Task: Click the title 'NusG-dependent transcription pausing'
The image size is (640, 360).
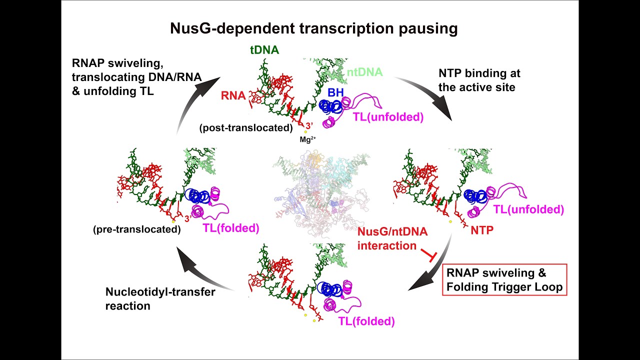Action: pyautogui.click(x=313, y=28)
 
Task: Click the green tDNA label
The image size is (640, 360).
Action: pyautogui.click(x=264, y=50)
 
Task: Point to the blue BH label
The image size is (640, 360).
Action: pyautogui.click(x=335, y=92)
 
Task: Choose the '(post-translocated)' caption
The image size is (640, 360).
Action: pyautogui.click(x=245, y=127)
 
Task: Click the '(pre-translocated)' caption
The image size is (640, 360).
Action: pyautogui.click(x=136, y=229)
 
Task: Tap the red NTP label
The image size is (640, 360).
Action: pyautogui.click(x=482, y=230)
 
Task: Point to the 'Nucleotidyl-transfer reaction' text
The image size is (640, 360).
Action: pyautogui.click(x=160, y=298)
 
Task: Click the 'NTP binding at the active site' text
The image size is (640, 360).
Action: pyautogui.click(x=479, y=80)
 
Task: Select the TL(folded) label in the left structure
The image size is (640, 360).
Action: pyautogui.click(x=230, y=228)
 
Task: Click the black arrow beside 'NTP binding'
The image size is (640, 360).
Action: pyautogui.click(x=427, y=97)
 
